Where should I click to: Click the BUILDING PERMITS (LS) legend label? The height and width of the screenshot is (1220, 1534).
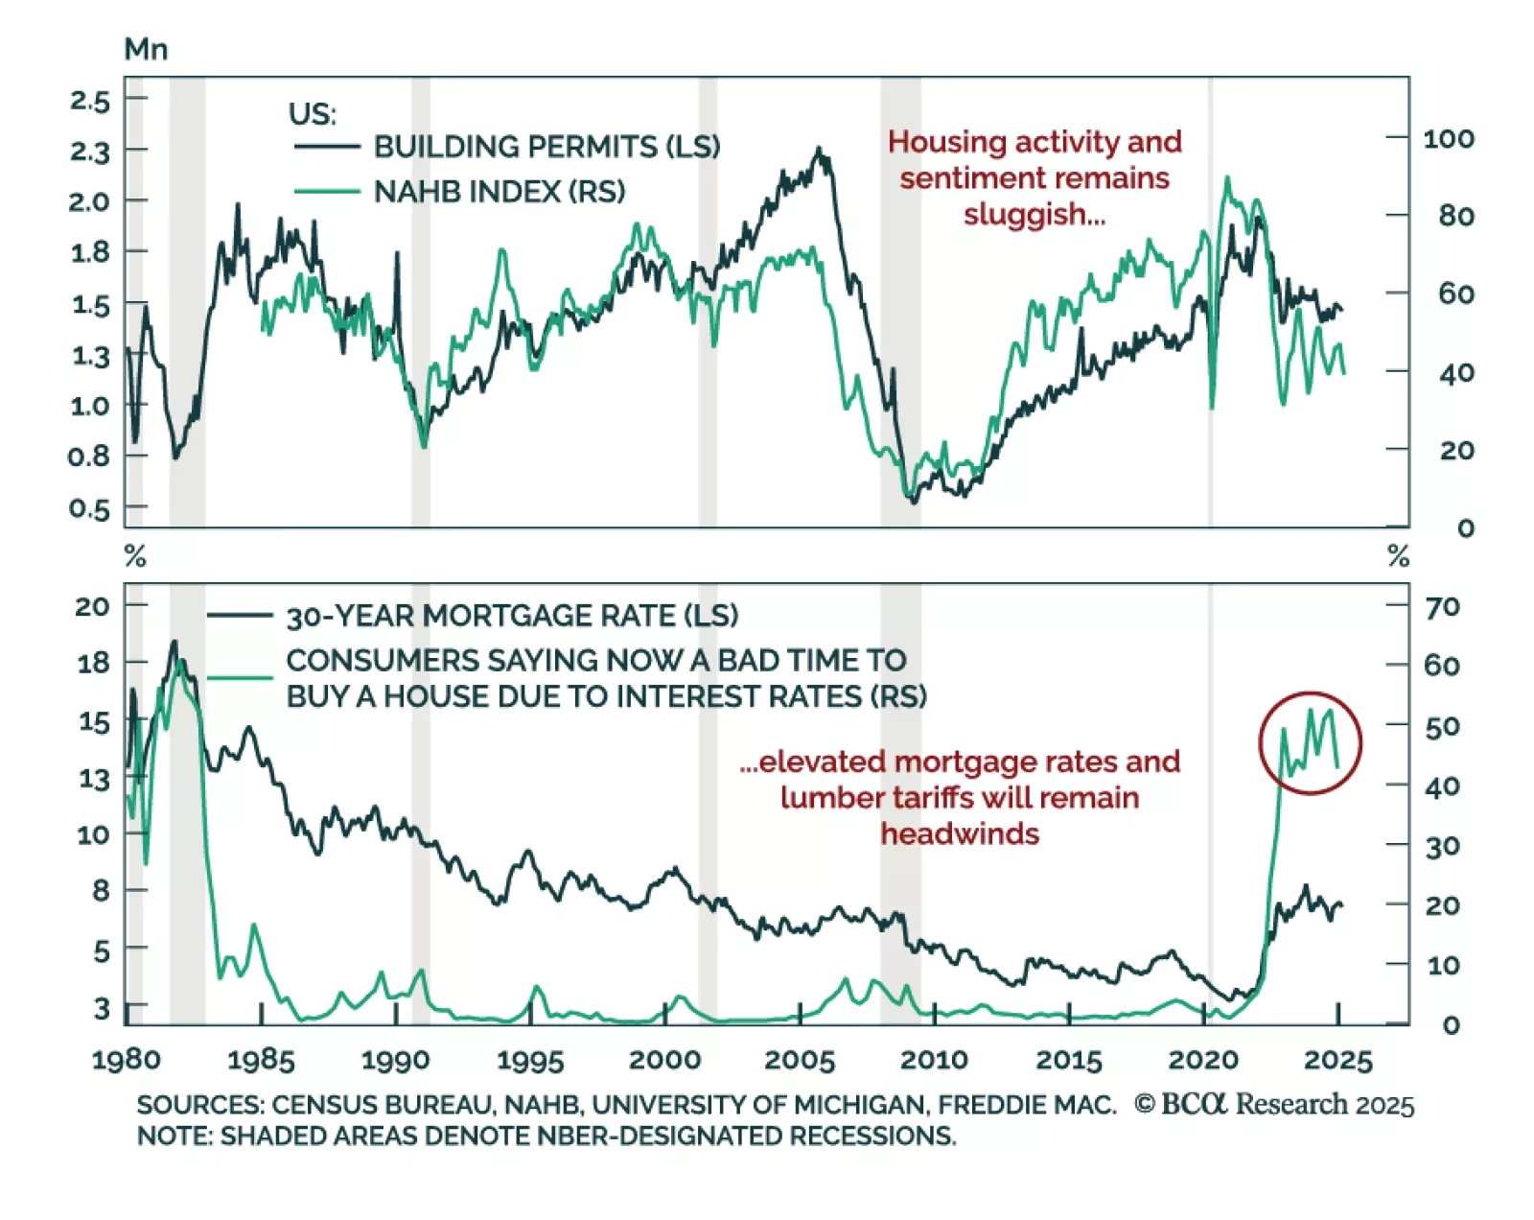[546, 147]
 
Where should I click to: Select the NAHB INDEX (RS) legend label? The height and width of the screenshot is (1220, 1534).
[499, 192]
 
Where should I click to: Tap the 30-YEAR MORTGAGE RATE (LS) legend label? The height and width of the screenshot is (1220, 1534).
[512, 616]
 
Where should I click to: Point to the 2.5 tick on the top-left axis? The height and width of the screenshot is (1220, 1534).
[90, 101]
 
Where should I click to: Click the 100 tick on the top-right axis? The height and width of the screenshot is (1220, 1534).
[1448, 139]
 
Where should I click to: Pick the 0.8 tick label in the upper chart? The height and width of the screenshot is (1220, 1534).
[89, 457]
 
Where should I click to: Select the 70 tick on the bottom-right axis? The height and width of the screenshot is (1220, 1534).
[1442, 607]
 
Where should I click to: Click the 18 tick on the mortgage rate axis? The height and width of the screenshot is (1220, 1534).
[93, 663]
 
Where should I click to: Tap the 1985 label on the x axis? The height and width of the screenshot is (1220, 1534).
[261, 1060]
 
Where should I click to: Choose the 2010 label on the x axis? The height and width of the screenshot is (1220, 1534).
[934, 1060]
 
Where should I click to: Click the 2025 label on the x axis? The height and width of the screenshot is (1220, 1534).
[1338, 1060]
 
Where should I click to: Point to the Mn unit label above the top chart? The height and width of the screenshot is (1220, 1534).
[146, 50]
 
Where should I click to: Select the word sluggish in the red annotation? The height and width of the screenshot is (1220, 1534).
[1034, 214]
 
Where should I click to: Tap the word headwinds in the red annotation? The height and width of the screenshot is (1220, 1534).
[960, 833]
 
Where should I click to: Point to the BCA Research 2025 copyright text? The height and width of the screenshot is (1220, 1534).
[1274, 1105]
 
